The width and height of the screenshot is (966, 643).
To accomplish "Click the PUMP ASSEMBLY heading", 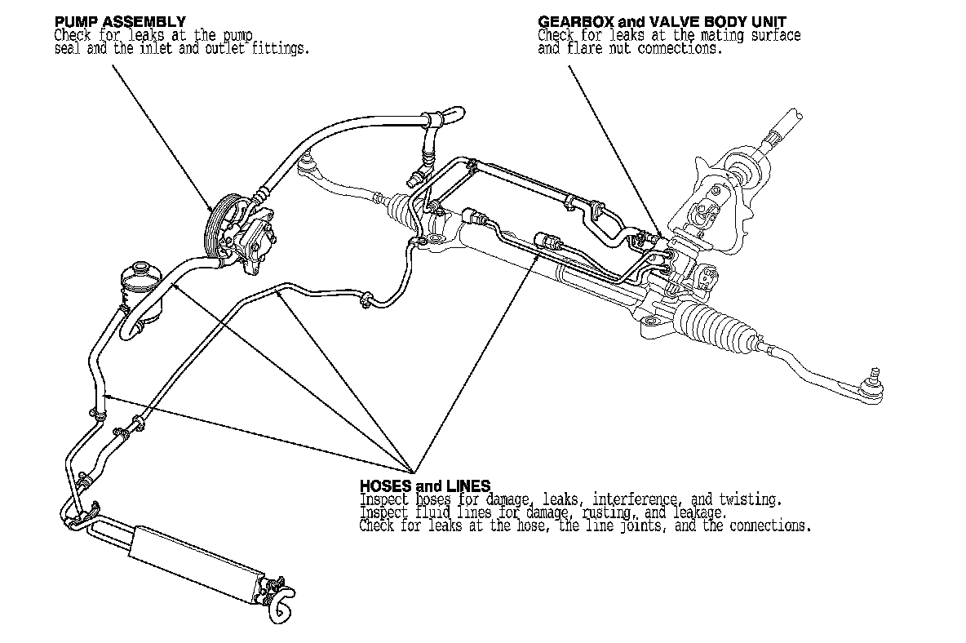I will click(119, 20).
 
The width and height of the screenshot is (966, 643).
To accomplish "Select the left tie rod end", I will click(312, 163).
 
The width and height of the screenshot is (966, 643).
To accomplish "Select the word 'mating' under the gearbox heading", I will click(719, 35).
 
